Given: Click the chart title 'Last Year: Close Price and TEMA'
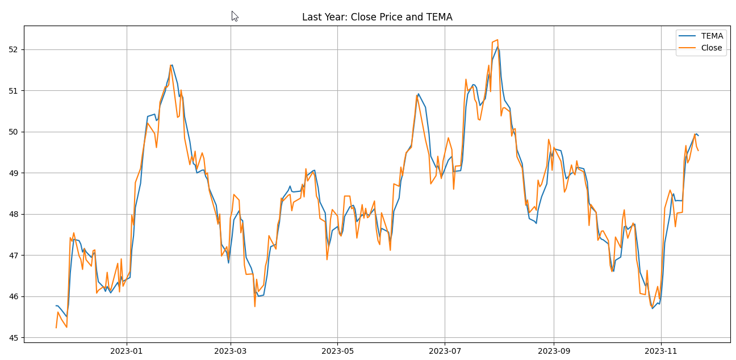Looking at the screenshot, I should [x=377, y=17].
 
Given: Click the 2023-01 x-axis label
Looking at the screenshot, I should [x=127, y=351].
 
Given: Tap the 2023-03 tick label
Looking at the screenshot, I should [x=231, y=351].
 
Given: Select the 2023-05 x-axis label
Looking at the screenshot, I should [x=337, y=351].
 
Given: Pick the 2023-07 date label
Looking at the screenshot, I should [x=445, y=351].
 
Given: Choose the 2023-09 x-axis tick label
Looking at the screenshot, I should [x=554, y=351].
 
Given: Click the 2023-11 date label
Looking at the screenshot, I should [x=661, y=351].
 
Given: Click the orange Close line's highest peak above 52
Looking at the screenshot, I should [x=497, y=40].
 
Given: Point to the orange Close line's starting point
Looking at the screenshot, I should [x=56, y=328].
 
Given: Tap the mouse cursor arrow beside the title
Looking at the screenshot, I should [x=235, y=16].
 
